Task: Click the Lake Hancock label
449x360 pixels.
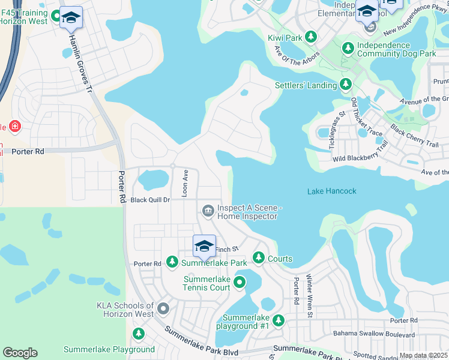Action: pos(331,191)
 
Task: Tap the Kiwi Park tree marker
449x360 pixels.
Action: pos(311,38)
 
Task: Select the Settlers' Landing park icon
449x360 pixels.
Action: pos(345,85)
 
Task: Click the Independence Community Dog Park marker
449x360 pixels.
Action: pos(348,47)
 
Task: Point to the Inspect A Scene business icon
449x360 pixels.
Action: pos(208,210)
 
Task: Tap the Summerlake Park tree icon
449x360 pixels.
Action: pos(172,262)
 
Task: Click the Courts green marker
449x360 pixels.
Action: pos(258,258)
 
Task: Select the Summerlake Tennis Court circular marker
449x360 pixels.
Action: pos(240,282)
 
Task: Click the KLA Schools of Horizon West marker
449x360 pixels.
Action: pos(163,310)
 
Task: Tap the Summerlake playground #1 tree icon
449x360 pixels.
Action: pos(278,321)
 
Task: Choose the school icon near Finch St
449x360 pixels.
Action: pos(204,246)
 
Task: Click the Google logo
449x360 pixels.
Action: pos(20,353)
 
